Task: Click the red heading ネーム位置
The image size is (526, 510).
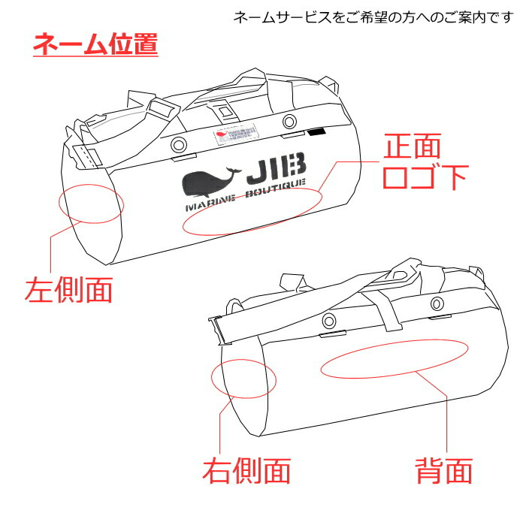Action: (x=95, y=43)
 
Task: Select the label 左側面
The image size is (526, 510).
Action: (x=68, y=288)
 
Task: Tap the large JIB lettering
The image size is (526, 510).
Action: (x=277, y=170)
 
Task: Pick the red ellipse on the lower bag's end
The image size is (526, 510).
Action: (x=245, y=379)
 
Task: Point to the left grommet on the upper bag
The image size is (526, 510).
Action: (x=178, y=145)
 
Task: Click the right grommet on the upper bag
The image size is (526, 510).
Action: (x=289, y=122)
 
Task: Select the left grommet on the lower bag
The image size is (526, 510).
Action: (x=328, y=321)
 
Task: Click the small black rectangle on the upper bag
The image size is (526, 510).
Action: (x=316, y=133)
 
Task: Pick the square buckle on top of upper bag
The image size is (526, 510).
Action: (x=223, y=112)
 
